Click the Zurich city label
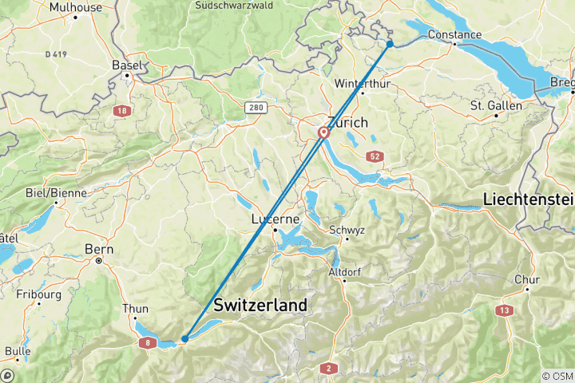(348, 123)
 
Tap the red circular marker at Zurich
(324, 133)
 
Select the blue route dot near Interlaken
(184, 338)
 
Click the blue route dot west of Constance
(390, 43)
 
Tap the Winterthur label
(362, 83)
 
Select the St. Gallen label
(495, 105)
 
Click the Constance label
(454, 34)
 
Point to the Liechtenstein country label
(528, 199)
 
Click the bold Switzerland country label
(260, 306)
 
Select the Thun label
(135, 309)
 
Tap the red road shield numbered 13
(504, 310)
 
